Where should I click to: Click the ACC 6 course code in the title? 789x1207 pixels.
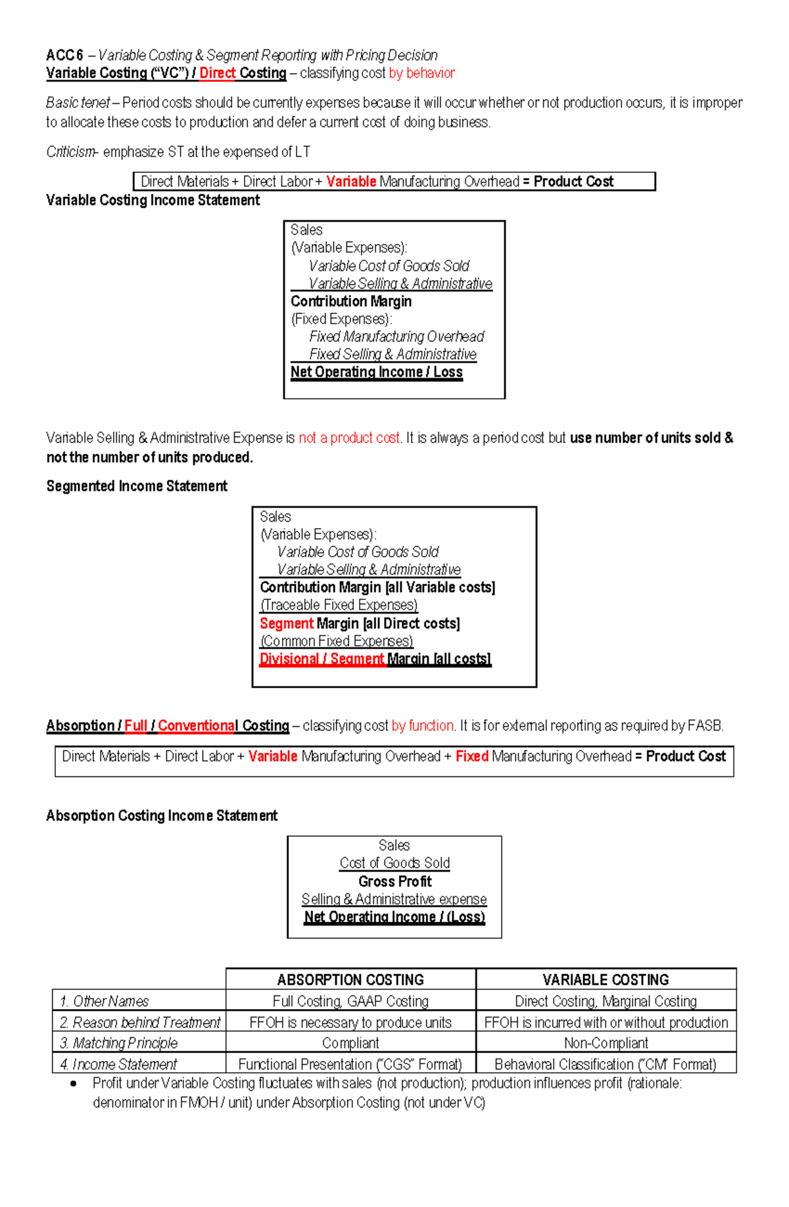[x=64, y=55]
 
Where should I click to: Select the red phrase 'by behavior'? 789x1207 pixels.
[x=421, y=73]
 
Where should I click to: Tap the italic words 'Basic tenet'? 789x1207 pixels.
[x=78, y=103]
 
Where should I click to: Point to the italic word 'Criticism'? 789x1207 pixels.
[x=70, y=152]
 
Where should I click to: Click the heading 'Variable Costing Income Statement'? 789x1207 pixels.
[x=153, y=200]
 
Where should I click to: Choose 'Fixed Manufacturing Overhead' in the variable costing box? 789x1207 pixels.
[x=396, y=337]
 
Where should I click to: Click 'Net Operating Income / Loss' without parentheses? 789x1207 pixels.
[x=376, y=372]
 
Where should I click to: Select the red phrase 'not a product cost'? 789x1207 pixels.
[x=349, y=438]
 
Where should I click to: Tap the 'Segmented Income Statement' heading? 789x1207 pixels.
[x=136, y=486]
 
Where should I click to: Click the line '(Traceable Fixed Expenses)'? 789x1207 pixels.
[x=339, y=605]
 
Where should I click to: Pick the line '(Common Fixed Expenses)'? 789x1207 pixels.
[x=337, y=641]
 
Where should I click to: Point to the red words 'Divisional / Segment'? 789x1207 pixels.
[x=322, y=659]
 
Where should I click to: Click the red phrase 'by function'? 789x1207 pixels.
[x=422, y=726]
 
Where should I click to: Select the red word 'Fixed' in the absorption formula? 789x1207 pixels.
[x=471, y=756]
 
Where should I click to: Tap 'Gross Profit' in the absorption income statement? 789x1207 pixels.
[x=394, y=881]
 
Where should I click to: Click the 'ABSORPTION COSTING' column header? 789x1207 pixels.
[x=350, y=979]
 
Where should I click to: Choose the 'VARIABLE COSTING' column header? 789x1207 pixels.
[x=606, y=979]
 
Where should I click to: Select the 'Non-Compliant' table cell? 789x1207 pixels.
[x=606, y=1043]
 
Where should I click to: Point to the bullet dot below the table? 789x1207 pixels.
[x=73, y=1083]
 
